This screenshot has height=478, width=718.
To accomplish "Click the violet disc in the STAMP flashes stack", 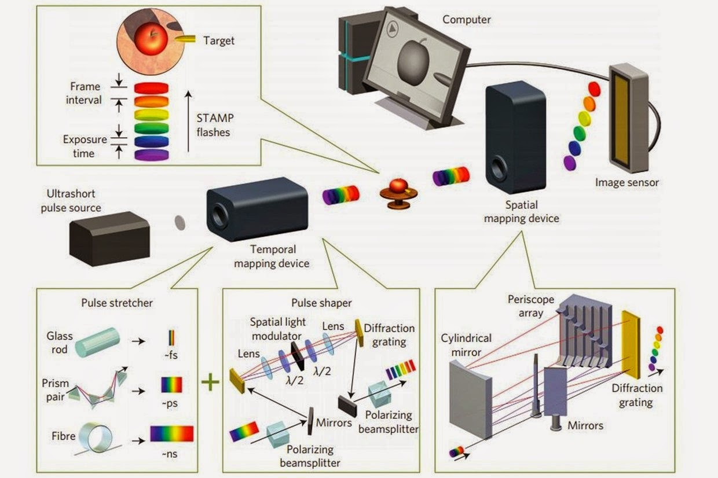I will click(x=151, y=155).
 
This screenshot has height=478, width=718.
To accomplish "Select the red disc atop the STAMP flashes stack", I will click(x=151, y=88).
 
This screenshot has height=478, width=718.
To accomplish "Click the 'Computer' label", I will click(x=466, y=20).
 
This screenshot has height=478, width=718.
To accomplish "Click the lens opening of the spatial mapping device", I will click(x=498, y=169).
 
